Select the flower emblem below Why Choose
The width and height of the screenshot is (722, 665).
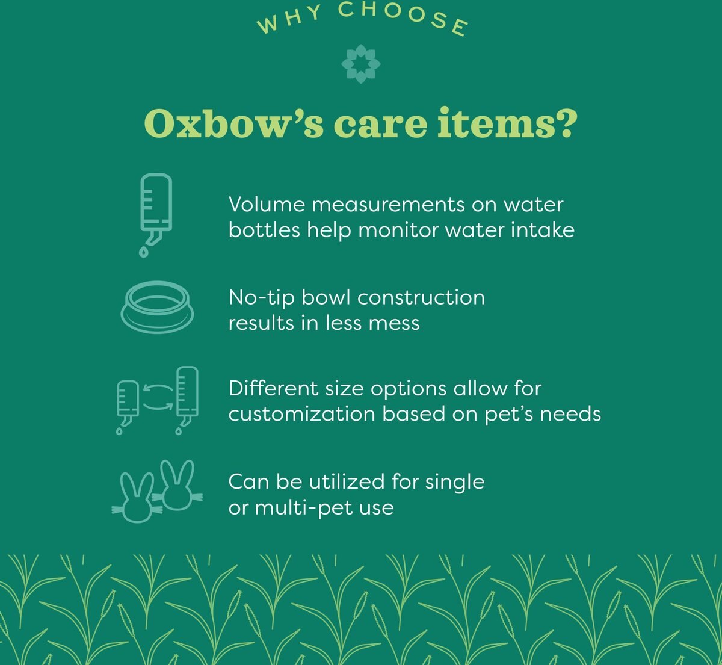point(360,63)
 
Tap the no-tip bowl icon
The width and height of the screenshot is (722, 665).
point(157,308)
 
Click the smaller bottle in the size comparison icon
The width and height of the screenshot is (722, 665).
point(128,400)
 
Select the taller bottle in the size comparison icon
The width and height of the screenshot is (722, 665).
point(187,394)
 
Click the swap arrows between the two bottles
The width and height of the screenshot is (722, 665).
point(157,398)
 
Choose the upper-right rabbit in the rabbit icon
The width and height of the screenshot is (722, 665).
point(177,486)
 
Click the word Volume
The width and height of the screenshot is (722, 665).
point(267,205)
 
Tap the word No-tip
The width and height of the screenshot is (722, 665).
point(262,298)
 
